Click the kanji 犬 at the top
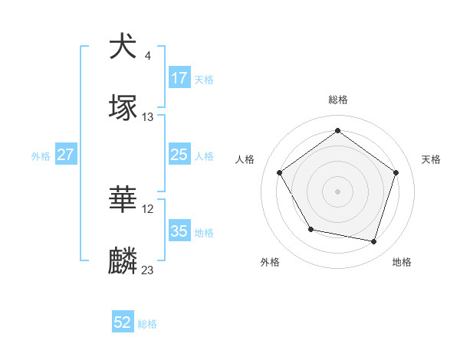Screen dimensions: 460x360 (123, 47)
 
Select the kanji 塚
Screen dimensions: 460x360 (123, 108)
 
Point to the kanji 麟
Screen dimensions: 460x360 (123, 261)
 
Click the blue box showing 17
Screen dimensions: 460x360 (179, 77)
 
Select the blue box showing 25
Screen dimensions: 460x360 (179, 155)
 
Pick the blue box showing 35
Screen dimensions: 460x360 (179, 231)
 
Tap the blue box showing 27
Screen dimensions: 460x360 (66, 155)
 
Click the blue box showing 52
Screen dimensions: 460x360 (123, 322)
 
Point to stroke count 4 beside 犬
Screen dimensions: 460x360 (147, 55)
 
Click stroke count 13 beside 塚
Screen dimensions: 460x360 (148, 117)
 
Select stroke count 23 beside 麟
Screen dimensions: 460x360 (148, 270)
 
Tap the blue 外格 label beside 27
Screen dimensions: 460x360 (41, 155)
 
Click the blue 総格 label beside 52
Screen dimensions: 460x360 (147, 324)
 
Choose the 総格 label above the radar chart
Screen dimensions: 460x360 (338, 100)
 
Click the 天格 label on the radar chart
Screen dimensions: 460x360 (431, 159)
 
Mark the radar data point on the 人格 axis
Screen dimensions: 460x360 (280, 172)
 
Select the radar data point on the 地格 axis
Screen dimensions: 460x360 (374, 241)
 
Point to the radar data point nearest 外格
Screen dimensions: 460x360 (310, 229)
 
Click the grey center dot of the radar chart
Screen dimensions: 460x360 (338, 191)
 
